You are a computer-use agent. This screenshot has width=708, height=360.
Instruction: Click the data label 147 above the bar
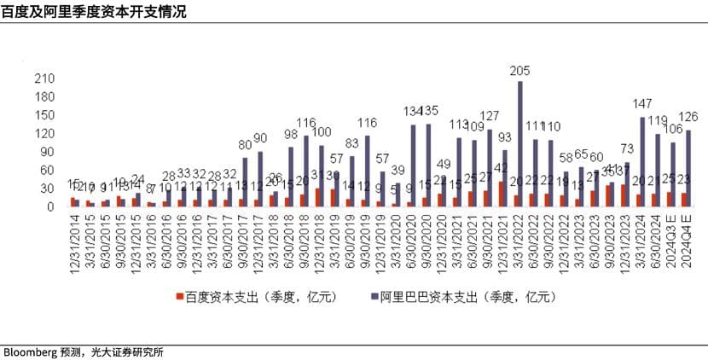click(642, 103)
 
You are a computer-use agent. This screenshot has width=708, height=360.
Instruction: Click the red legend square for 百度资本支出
click(180, 297)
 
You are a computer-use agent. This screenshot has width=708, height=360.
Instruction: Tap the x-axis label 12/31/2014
click(75, 242)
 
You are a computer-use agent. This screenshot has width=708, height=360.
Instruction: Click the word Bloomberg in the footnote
click(29, 351)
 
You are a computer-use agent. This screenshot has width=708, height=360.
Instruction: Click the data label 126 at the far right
click(688, 117)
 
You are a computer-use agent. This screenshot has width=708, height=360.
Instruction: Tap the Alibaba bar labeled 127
click(490, 167)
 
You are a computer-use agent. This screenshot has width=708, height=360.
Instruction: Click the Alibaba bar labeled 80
click(245, 182)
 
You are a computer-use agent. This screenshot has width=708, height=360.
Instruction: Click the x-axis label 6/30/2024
click(657, 242)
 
